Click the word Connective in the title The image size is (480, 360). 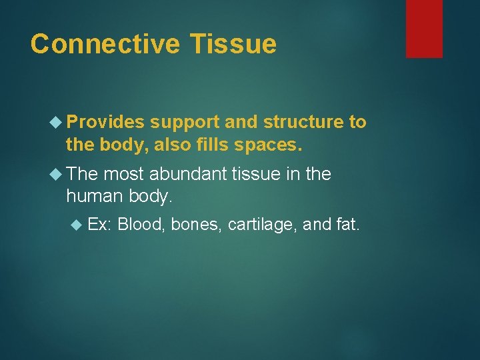tap(105, 44)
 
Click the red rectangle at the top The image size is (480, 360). tap(424, 29)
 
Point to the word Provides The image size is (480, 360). tap(105, 123)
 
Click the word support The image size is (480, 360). tap(184, 123)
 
